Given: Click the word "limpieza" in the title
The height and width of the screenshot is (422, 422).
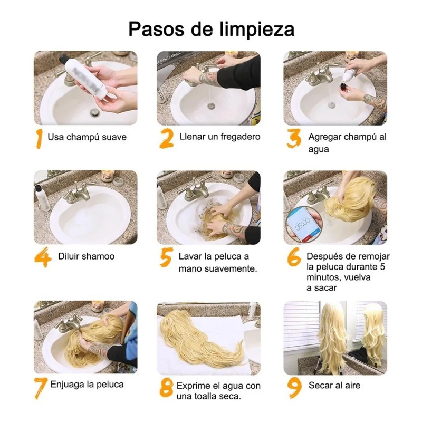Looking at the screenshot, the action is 257,29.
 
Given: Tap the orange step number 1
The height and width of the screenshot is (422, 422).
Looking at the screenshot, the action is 39,138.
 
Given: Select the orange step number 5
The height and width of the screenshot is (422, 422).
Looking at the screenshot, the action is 166,257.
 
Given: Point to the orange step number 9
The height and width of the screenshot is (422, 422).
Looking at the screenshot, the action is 294,388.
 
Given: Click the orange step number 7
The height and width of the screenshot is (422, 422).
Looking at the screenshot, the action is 41,388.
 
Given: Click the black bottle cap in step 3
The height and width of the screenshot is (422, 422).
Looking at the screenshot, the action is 344,87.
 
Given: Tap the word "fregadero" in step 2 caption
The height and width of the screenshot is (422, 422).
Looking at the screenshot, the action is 241,137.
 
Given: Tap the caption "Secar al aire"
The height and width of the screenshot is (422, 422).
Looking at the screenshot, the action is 334,385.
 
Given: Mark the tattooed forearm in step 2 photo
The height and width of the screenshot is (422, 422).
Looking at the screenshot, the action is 208,79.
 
